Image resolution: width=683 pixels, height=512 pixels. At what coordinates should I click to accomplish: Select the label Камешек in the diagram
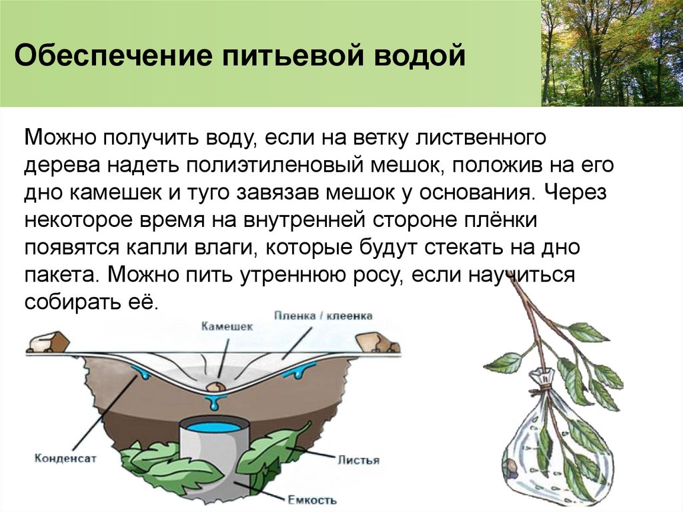[227, 326]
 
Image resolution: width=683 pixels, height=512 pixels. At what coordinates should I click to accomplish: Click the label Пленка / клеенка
[323, 316]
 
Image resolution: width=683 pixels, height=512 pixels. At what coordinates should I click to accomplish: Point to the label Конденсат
[61, 458]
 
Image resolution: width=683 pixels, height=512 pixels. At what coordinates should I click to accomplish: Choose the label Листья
[358, 460]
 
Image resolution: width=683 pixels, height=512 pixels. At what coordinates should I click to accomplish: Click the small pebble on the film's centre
[215, 387]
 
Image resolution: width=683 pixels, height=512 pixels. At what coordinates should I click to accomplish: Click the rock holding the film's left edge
[47, 342]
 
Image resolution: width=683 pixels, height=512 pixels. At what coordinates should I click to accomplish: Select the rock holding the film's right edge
[374, 340]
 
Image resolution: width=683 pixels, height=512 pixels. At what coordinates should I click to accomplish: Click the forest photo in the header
[612, 53]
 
